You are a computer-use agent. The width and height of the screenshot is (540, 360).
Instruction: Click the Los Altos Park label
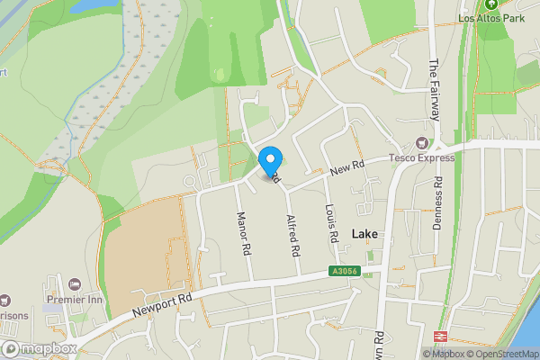tap(491, 17)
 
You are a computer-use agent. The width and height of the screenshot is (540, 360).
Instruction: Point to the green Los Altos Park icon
tap(491, 4)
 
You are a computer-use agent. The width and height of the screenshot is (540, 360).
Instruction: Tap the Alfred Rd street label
tap(292, 236)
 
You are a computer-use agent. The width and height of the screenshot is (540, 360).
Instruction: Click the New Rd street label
tap(346, 167)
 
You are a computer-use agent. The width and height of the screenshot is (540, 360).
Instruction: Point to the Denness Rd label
tap(437, 203)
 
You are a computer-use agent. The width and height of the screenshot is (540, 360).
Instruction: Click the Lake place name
tap(365, 234)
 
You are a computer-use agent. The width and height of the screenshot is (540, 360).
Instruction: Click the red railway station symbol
tap(441, 335)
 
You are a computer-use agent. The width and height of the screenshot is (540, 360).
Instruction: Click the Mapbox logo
tap(38, 348)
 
